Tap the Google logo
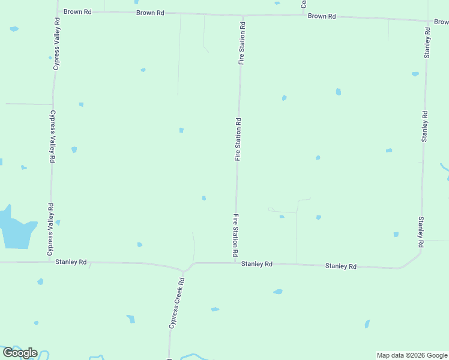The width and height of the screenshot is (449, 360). [x=20, y=353]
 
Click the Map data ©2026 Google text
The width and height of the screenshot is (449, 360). [x=412, y=355]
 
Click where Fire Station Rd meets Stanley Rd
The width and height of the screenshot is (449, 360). [x=235, y=263]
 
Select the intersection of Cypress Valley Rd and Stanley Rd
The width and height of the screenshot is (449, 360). [x=49, y=262]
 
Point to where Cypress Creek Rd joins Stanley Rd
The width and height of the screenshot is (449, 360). [x=185, y=270]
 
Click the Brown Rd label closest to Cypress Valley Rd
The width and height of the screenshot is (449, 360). [x=77, y=11]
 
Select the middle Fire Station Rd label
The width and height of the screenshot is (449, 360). [x=238, y=139]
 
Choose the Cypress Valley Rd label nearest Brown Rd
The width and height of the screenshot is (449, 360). [x=56, y=44]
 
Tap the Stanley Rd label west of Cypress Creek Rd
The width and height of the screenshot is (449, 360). [x=71, y=262]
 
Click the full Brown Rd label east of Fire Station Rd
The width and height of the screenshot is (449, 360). [x=322, y=16]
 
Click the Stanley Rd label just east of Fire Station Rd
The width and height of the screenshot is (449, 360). [x=257, y=264]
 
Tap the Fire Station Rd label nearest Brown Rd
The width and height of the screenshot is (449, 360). [x=242, y=43]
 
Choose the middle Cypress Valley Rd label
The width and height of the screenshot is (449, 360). [x=52, y=137]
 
